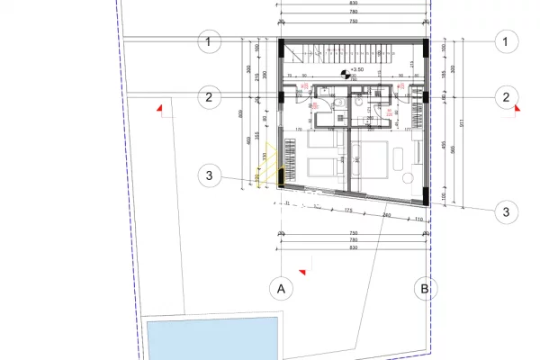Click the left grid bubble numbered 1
coord(209,41)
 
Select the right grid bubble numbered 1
coord(507,41)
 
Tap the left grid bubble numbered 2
coord(209,97)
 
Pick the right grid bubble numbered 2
coord(507,97)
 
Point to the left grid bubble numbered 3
coord(209,175)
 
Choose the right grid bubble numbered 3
coord(507,211)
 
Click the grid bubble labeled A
coord(282,289)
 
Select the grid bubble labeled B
coord(423,289)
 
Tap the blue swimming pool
coord(211,339)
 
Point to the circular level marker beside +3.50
coord(345,73)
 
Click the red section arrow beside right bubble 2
coord(516,107)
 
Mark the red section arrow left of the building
coord(159,108)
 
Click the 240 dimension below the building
coord(386,216)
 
